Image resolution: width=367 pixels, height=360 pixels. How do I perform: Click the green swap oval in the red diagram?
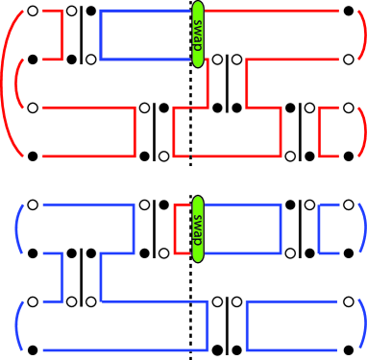click(199, 36)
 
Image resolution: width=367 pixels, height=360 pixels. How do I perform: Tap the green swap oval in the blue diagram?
click(198, 228)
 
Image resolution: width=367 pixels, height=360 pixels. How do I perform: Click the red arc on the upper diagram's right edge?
click(361, 131)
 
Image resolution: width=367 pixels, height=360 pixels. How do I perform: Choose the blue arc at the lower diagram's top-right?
click(361, 228)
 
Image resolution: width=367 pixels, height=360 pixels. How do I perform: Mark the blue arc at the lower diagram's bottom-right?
click(361, 324)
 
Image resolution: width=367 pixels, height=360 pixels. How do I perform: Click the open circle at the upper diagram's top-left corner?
click(33, 12)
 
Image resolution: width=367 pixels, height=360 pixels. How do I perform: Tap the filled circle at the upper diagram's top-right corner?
click(350, 12)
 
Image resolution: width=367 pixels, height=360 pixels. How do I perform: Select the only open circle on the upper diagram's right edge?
click(350, 108)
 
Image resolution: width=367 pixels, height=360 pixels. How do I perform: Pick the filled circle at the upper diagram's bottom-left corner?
click(33, 155)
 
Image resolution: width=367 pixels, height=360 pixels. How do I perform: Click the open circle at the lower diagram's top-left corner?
click(33, 204)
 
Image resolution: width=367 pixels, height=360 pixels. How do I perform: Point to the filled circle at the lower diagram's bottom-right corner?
click(350, 347)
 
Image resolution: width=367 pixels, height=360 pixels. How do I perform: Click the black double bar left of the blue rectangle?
click(80, 36)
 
